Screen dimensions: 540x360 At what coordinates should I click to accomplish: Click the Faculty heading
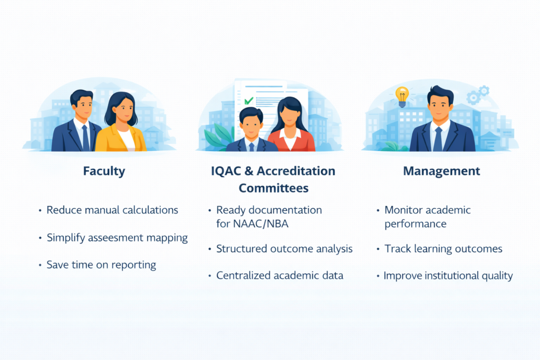click(104, 171)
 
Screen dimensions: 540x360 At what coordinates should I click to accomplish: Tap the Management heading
click(441, 171)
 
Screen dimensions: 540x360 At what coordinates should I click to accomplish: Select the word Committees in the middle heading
click(274, 188)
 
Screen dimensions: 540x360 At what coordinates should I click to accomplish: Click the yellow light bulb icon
click(402, 96)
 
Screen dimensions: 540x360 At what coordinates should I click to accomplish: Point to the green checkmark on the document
click(249, 101)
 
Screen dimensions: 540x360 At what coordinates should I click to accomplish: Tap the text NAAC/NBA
click(261, 224)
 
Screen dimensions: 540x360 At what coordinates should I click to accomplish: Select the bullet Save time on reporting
click(101, 265)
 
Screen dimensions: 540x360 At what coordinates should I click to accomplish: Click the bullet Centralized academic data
click(279, 276)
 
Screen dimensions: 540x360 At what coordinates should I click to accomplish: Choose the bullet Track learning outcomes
click(443, 249)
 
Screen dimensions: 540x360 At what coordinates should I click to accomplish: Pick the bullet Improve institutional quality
click(448, 276)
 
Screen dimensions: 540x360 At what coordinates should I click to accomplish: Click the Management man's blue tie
click(438, 139)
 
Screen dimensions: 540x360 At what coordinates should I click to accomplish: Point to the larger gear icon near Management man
click(473, 98)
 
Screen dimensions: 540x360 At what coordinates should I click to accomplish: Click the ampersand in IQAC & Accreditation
click(249, 171)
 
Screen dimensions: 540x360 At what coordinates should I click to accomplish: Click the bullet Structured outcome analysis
click(284, 249)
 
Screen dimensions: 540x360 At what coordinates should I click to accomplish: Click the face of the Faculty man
click(83, 106)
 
